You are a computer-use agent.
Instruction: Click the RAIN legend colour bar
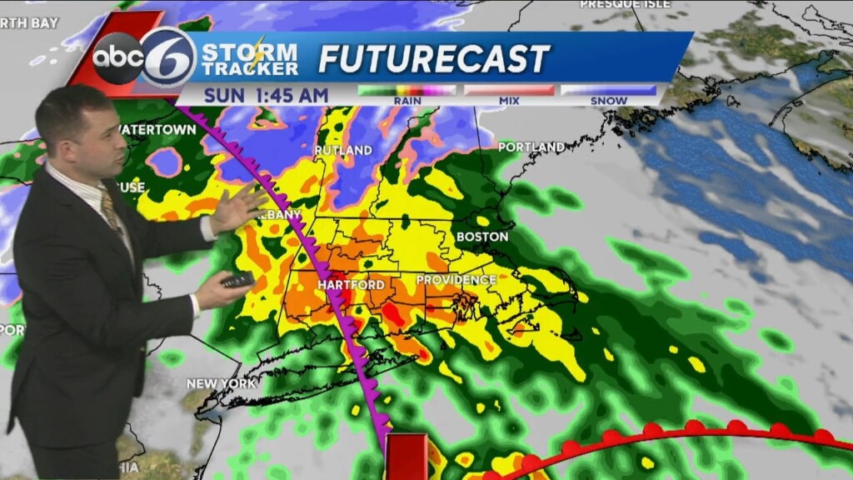(x=407, y=90)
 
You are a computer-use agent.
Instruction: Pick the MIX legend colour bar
(x=509, y=90)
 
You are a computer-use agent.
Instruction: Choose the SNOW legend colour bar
(x=608, y=90)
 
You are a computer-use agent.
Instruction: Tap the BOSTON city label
(x=481, y=237)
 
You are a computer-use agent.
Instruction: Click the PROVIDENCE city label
(x=456, y=280)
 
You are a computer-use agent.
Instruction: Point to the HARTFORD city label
(x=350, y=285)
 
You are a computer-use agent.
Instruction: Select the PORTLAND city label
(x=531, y=147)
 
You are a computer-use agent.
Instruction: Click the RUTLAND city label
(x=342, y=151)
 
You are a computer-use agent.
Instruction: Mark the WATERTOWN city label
(x=151, y=130)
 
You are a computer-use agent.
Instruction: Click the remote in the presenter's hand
(x=237, y=280)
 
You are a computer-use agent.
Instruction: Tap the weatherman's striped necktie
(x=111, y=212)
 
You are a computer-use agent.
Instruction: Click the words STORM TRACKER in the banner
(x=250, y=59)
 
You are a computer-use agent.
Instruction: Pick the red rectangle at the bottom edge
(x=407, y=456)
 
